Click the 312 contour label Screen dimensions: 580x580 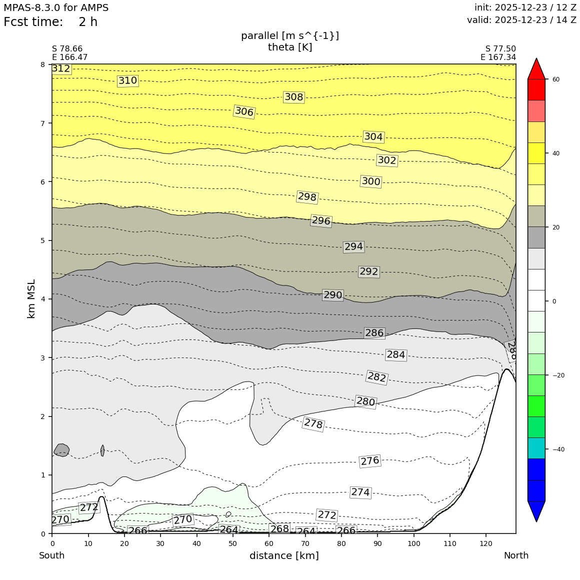tap(61, 68)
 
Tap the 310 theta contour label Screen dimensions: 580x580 tap(127, 80)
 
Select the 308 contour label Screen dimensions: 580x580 tap(293, 97)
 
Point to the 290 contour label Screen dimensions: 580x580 tap(332, 295)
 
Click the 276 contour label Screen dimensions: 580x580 tap(370, 461)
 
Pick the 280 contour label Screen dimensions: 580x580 tap(365, 401)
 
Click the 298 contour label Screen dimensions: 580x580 tap(307, 197)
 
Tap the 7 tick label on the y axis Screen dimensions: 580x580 tap(43, 123)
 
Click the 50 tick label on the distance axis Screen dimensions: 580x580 tap(233, 543)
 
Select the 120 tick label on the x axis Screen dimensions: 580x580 tap(486, 543)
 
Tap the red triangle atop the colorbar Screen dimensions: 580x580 tap(536, 69)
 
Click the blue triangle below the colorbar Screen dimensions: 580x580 tap(536, 510)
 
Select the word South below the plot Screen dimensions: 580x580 tap(52, 555)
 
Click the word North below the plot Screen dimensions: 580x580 tap(516, 555)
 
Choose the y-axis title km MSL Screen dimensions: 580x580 tap(31, 299)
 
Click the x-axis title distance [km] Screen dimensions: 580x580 tap(284, 555)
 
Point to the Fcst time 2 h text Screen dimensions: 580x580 tap(50, 22)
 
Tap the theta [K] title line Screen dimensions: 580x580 tap(290, 47)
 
